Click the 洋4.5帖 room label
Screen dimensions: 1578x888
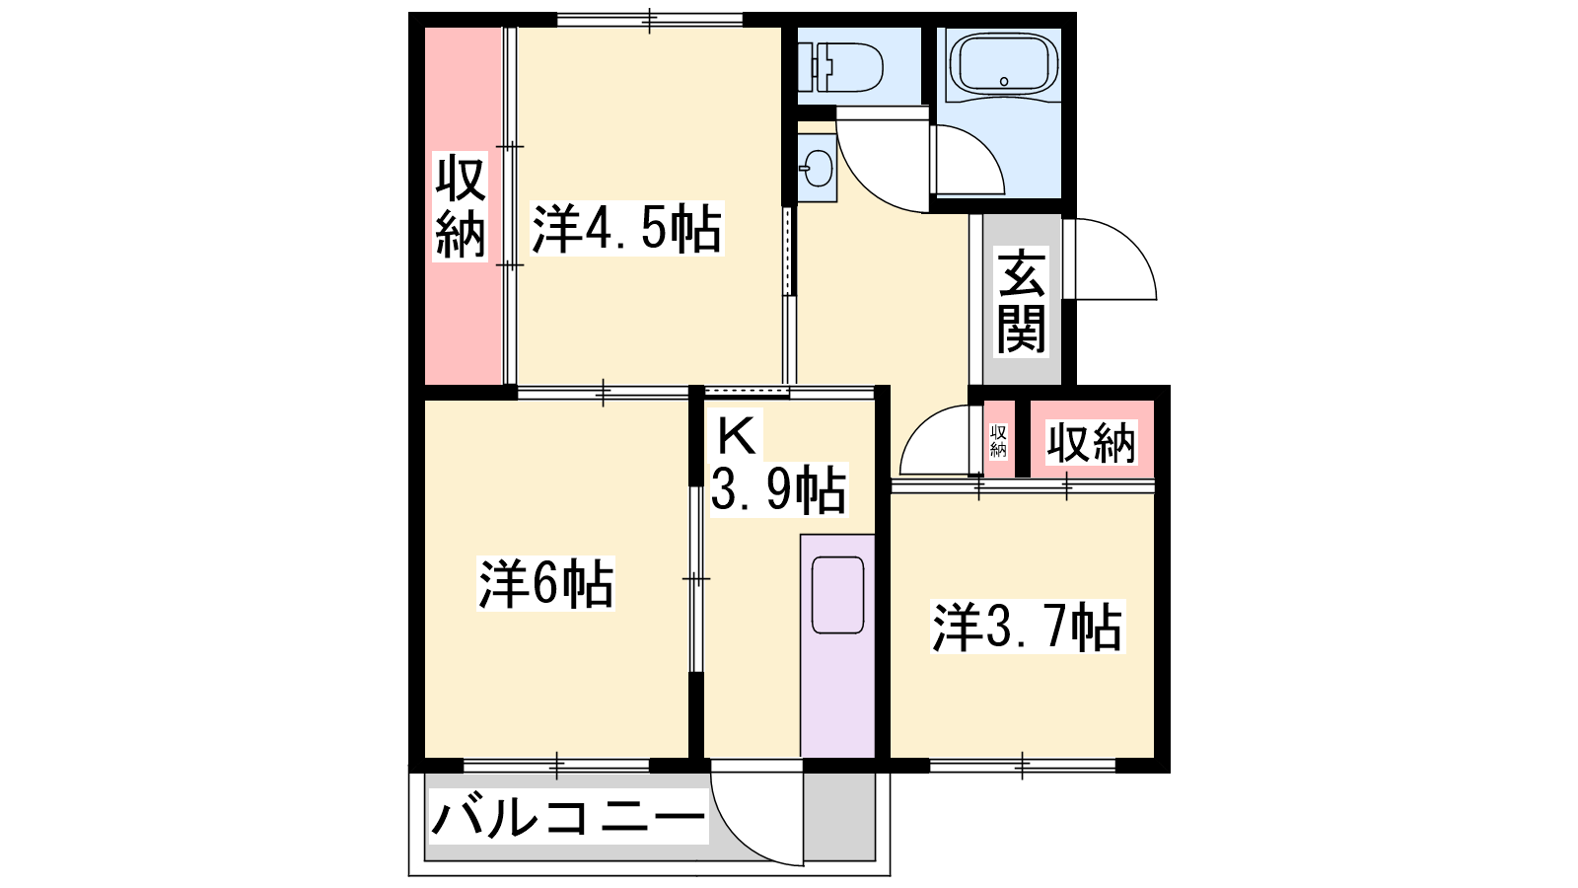pos(627,228)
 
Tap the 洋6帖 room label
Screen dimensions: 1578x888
pos(546,583)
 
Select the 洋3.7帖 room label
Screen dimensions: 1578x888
pos(1027,627)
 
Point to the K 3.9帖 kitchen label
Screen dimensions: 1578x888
pos(777,466)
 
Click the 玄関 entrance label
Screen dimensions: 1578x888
pos(1022,301)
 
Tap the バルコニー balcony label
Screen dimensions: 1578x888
pos(568,818)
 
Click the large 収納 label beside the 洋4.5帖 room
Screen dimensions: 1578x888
pos(461,206)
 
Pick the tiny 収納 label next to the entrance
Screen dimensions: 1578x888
pos(998,440)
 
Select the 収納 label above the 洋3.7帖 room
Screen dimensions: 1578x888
pos(1091,443)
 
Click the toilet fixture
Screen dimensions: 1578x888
pos(840,68)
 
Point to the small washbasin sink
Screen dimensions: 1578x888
pos(818,169)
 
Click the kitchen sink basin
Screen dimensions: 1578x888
pos(837,595)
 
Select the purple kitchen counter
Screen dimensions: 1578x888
pos(837,646)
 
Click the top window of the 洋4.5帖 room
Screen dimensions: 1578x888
pos(650,20)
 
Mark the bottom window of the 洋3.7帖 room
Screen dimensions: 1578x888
pos(1023,766)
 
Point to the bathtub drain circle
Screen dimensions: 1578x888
pos(1004,81)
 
